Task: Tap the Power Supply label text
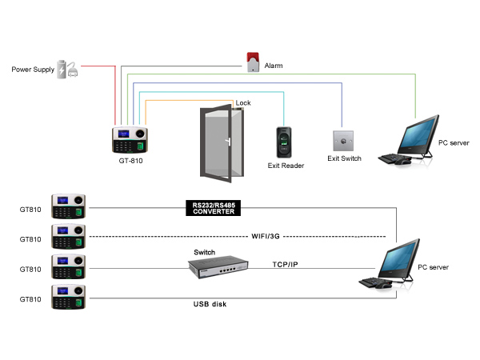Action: pos(33,70)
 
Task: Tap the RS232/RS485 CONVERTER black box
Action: pos(214,208)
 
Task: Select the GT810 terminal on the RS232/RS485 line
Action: pos(68,206)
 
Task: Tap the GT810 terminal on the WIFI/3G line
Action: pos(68,236)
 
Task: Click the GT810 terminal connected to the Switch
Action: pos(68,266)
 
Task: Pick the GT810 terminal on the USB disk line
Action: pos(68,297)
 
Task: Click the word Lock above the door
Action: pos(243,102)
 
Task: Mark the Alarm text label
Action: pos(274,66)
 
